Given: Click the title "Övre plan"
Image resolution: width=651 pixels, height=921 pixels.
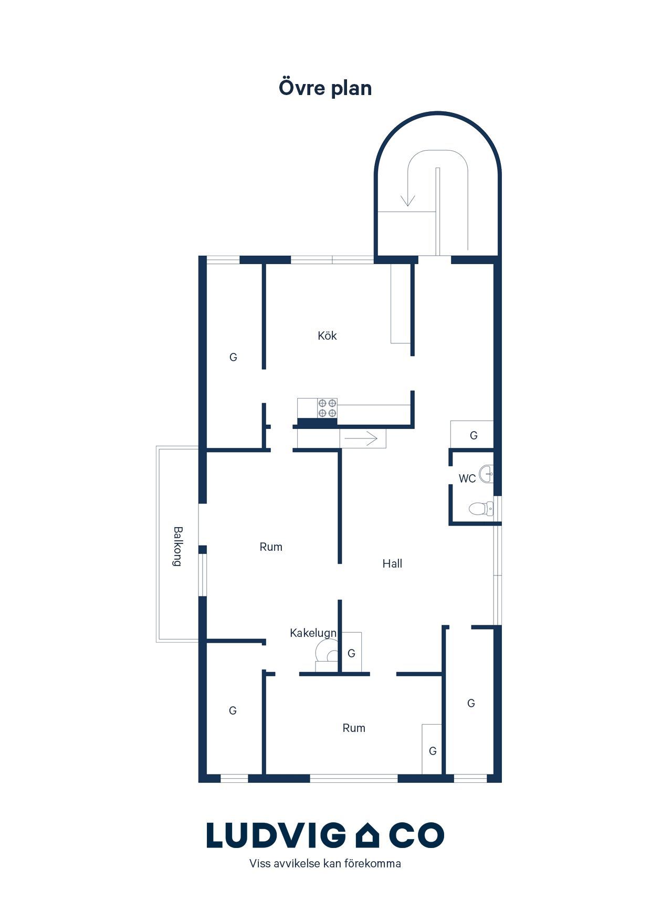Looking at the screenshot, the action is tap(325, 88).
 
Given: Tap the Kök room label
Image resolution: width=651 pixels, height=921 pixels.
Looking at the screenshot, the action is tap(327, 336).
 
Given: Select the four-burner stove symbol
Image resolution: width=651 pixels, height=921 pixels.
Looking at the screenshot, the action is tap(327, 408).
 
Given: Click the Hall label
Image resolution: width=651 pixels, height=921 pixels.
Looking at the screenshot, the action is tap(392, 563).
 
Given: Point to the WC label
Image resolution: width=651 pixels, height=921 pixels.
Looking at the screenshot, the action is tap(467, 478).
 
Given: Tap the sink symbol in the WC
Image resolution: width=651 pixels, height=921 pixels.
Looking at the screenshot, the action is tap(487, 474).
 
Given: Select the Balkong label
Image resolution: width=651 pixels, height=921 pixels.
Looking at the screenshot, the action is tap(177, 546).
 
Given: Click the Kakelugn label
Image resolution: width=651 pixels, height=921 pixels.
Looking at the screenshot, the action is tap(313, 633).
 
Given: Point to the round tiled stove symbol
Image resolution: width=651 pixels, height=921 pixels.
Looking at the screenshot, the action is tap(327, 653).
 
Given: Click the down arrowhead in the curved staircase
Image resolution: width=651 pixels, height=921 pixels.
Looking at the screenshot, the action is tap(408, 201).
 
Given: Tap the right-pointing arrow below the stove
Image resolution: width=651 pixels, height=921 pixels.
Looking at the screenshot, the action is tap(362, 438).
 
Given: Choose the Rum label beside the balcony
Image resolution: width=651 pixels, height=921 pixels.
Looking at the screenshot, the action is tap(271, 547).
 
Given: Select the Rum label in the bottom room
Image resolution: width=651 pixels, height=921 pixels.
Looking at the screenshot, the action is tap(354, 728).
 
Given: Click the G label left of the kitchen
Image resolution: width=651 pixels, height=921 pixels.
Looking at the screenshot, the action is tap(233, 357).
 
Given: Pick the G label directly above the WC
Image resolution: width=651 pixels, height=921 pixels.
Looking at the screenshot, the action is tap(474, 435).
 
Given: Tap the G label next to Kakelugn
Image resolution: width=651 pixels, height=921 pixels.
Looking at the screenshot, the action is tap(351, 653).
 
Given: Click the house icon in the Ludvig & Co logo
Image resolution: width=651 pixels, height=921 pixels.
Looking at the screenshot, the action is tap(367, 835).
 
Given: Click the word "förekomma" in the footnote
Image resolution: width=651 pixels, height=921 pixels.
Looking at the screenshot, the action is tap(372, 863).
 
